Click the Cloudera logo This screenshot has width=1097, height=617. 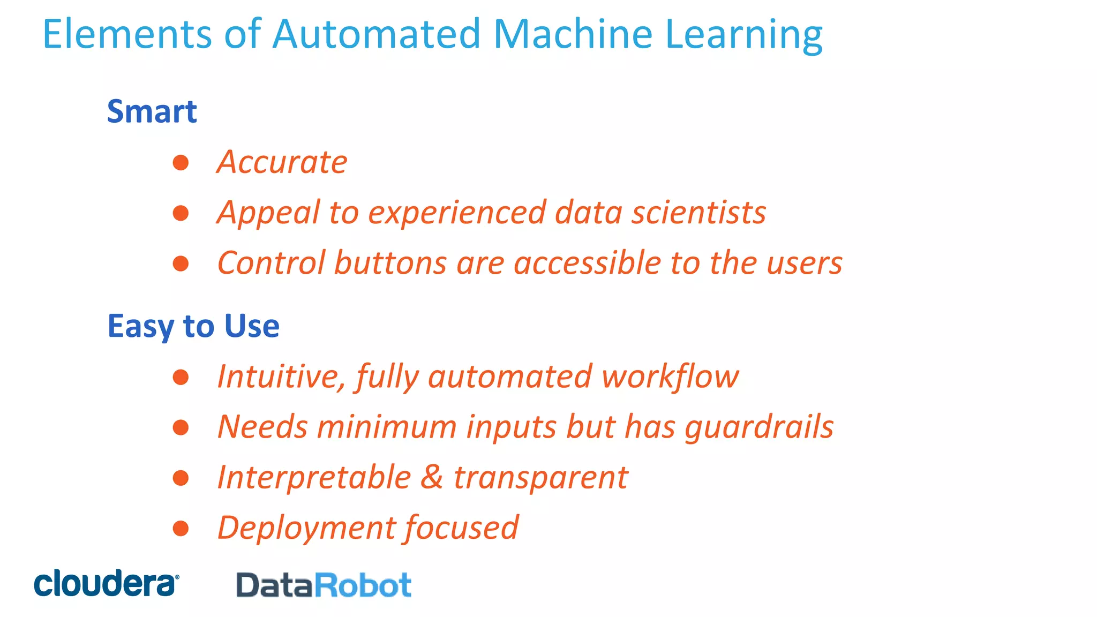tap(106, 583)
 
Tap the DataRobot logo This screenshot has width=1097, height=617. tap(324, 585)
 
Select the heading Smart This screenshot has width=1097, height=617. tap(152, 111)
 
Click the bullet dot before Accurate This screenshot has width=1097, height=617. tap(181, 162)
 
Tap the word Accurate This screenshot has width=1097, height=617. tap(282, 162)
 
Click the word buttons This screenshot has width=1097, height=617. tap(390, 263)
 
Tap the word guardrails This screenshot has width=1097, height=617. tap(759, 427)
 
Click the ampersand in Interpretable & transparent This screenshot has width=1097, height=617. tap(432, 477)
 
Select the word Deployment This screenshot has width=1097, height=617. tap(305, 528)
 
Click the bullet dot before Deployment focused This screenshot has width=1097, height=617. tap(181, 528)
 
